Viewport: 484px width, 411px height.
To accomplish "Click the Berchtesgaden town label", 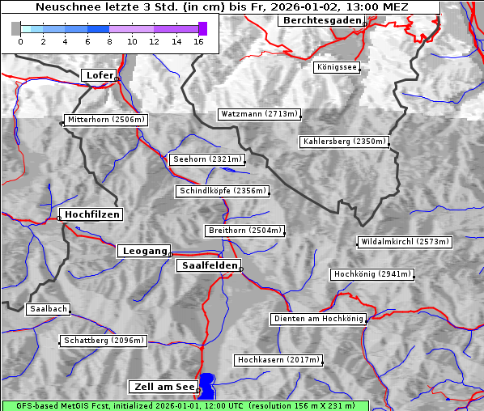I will point(321,19).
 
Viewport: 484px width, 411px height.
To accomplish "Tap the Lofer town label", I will point(100,75).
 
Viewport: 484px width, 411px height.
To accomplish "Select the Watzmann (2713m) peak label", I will point(259,114).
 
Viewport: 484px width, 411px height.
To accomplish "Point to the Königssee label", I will point(336,67).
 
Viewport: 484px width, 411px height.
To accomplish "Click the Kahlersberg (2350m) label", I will point(344,142).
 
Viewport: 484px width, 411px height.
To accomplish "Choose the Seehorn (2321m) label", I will point(206,159).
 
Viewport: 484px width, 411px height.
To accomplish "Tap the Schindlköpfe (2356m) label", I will point(222,191).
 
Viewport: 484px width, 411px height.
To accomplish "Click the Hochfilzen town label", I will point(91,214).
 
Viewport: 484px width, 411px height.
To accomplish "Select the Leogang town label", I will point(145,251).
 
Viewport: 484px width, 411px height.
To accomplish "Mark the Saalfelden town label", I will point(209,265).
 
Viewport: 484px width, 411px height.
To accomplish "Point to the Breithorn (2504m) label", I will point(244,231).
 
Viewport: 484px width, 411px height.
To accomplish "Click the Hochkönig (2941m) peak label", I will point(371,274).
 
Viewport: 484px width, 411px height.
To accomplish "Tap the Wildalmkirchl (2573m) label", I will point(404,242).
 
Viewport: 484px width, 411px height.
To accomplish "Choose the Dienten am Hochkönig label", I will point(318,319).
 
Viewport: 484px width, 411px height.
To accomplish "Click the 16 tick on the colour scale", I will point(198,41).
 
